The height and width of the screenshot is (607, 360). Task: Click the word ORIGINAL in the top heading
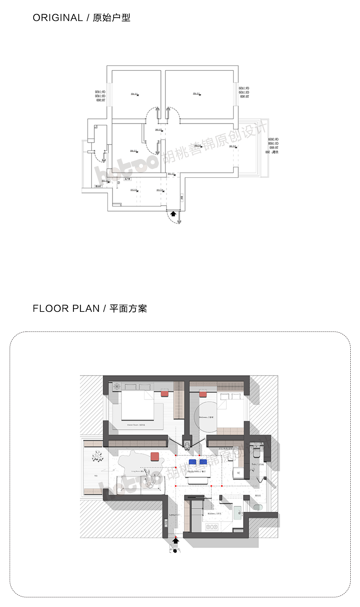click(x=58, y=18)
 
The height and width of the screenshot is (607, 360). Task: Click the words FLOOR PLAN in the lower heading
click(x=66, y=309)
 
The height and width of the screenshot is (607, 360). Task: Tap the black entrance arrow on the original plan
click(x=173, y=214)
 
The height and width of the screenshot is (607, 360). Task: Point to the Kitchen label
click(x=214, y=514)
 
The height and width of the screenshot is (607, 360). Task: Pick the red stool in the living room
click(x=155, y=457)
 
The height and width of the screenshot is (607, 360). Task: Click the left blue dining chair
click(x=192, y=462)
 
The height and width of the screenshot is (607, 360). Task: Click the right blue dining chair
click(x=203, y=462)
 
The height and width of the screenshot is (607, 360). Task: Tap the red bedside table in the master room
click(x=165, y=394)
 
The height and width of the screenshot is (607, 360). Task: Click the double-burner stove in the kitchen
click(x=211, y=527)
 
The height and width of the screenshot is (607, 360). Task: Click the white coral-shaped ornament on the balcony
click(x=97, y=456)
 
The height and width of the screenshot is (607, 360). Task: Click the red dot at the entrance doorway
click(x=176, y=537)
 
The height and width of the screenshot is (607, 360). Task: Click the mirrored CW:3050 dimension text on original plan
click(x=273, y=139)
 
